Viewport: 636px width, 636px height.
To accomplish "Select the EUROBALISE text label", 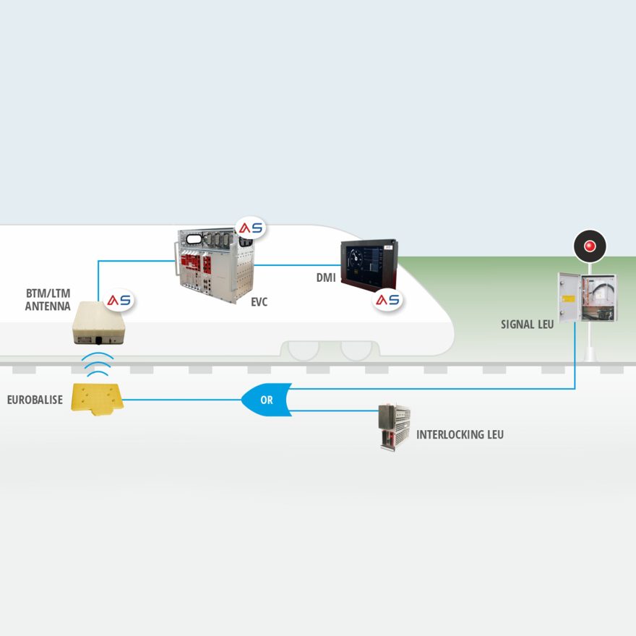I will [x=35, y=399].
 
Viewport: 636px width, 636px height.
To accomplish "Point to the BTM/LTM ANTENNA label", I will [x=48, y=301].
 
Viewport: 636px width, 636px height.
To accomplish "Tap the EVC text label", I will [x=259, y=302].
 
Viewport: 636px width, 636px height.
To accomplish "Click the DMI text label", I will [x=325, y=277].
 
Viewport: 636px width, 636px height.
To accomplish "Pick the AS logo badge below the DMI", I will [x=388, y=299].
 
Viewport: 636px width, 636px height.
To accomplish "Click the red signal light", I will [x=590, y=246].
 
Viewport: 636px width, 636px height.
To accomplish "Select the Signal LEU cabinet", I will [x=587, y=296].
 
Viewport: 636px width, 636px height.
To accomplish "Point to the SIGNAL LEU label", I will [x=527, y=325].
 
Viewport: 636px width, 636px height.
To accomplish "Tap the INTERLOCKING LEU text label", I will [x=460, y=435].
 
